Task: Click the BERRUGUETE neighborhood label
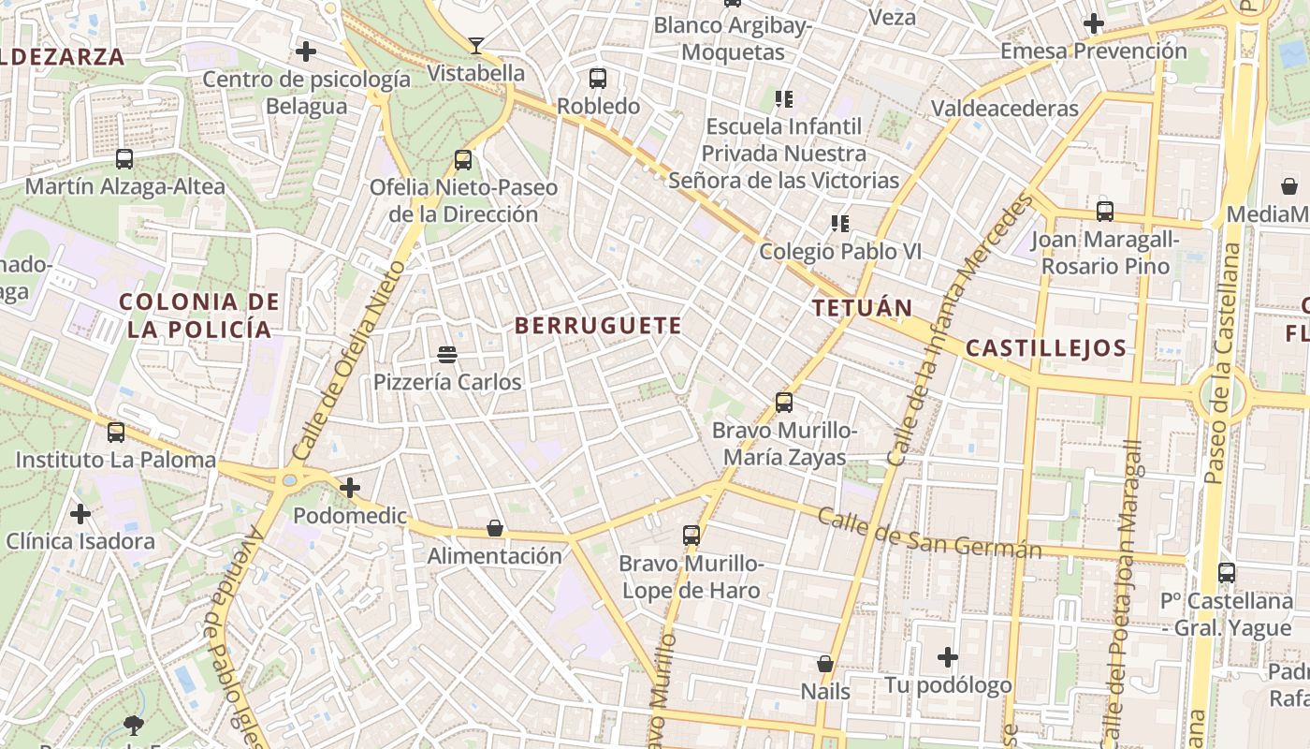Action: point(598,326)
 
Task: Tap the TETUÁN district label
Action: point(862,308)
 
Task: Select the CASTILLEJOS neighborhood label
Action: point(1045,348)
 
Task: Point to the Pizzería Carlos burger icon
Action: point(447,355)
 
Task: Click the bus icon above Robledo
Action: point(598,79)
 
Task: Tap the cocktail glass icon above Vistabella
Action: point(476,45)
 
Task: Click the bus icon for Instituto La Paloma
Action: point(116,433)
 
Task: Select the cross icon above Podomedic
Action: point(350,488)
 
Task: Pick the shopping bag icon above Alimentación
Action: point(495,529)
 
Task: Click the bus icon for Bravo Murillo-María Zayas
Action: point(784,403)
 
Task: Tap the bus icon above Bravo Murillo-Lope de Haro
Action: point(691,536)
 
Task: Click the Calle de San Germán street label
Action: point(929,533)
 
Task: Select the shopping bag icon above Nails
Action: point(824,664)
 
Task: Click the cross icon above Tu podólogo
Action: point(948,657)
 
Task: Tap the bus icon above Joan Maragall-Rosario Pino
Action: point(1105,212)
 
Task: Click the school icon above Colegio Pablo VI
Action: point(839,224)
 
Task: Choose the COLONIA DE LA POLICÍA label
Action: point(199,316)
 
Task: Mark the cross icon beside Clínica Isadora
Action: point(80,514)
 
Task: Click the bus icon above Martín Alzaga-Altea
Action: point(124,159)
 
